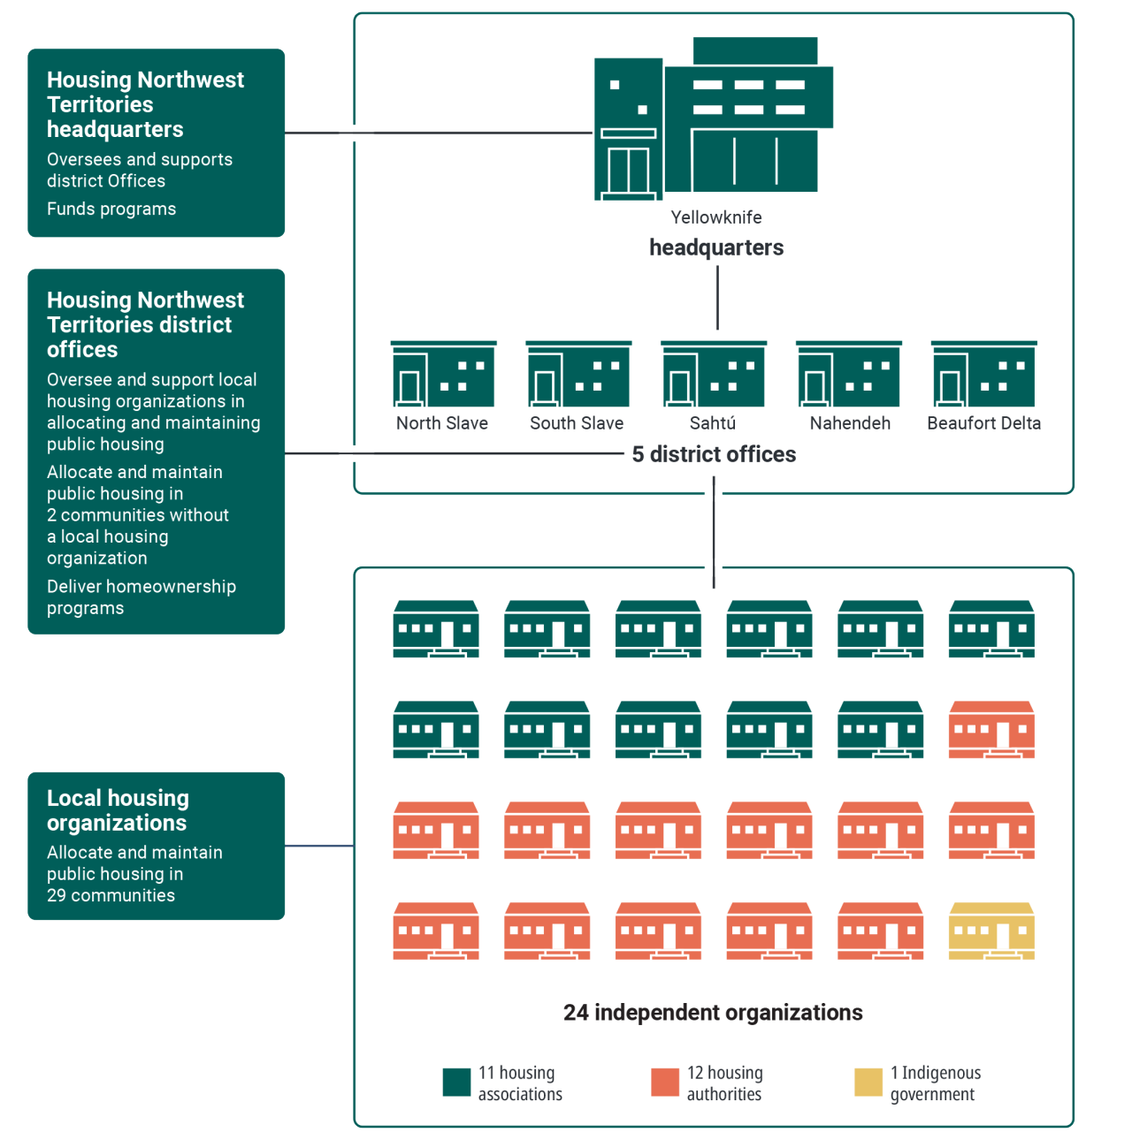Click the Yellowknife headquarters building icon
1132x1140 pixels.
(x=713, y=118)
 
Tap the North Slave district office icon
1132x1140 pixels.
(x=443, y=374)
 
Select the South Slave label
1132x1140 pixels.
(x=577, y=423)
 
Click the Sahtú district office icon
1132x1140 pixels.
(x=714, y=374)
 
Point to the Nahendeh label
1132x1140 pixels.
(x=850, y=423)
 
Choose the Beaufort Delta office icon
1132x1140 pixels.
(x=983, y=374)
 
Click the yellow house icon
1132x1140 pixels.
(x=991, y=931)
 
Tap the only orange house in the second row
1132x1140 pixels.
(x=991, y=730)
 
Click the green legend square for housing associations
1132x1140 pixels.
(x=456, y=1083)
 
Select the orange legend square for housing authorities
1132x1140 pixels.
(x=665, y=1083)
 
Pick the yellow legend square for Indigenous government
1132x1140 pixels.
(x=868, y=1083)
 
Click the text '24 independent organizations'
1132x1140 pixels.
(x=713, y=1013)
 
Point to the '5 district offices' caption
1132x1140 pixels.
(x=714, y=454)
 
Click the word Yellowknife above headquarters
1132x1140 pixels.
(x=716, y=217)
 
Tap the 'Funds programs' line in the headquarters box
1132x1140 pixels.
(x=111, y=209)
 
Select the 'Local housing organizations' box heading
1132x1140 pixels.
(x=118, y=810)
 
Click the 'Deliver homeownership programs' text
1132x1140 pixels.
(x=141, y=597)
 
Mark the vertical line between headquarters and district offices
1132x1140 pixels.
(x=717, y=298)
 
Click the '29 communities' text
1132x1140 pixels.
(x=111, y=895)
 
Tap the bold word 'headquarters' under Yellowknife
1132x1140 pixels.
(x=716, y=247)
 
